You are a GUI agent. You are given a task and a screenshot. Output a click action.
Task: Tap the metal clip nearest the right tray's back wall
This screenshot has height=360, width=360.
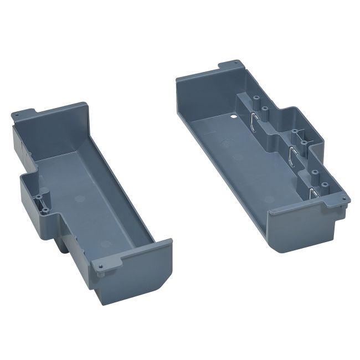coord(252,123)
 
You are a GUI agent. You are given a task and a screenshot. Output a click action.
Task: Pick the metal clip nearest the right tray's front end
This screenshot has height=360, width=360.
coord(313,194)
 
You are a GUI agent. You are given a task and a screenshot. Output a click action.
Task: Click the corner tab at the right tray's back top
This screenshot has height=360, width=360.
coord(231,65)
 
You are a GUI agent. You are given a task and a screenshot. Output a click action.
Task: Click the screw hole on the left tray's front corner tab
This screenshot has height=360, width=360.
coord(100,267)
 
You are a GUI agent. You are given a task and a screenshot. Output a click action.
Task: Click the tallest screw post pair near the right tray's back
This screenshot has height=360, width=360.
coord(260,105)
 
